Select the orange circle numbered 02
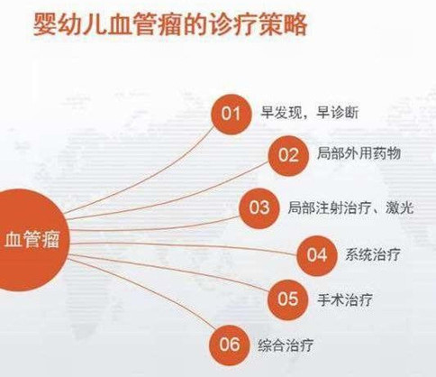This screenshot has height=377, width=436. click(287, 154)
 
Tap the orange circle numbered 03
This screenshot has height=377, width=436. click(259, 207)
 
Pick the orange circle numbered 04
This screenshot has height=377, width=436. click(316, 253)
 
